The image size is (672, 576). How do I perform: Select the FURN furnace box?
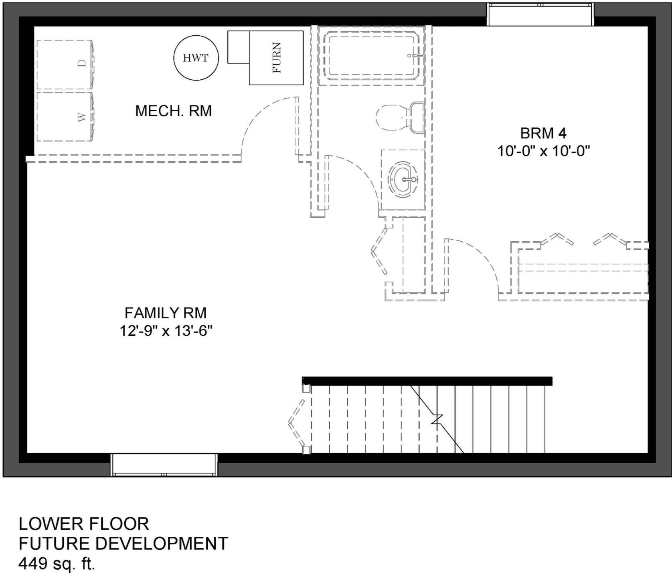276,58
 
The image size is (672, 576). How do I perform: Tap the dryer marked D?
65,65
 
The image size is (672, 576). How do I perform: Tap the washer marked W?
65,117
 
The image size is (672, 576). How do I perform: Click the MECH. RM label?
174,111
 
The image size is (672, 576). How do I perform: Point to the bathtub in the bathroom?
371,55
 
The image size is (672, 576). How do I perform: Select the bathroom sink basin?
403,179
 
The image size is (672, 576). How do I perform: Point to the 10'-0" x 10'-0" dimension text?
544,151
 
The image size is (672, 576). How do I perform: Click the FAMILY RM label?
166,312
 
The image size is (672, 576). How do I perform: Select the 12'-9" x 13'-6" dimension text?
166,331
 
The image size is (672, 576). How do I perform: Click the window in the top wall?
540,14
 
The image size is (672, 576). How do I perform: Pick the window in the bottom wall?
164,465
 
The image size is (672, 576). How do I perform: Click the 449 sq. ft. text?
57,564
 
